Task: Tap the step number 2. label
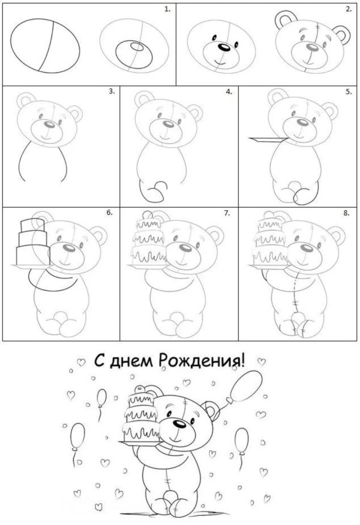point(347,10)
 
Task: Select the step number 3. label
point(112,92)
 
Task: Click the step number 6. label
point(111,213)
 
